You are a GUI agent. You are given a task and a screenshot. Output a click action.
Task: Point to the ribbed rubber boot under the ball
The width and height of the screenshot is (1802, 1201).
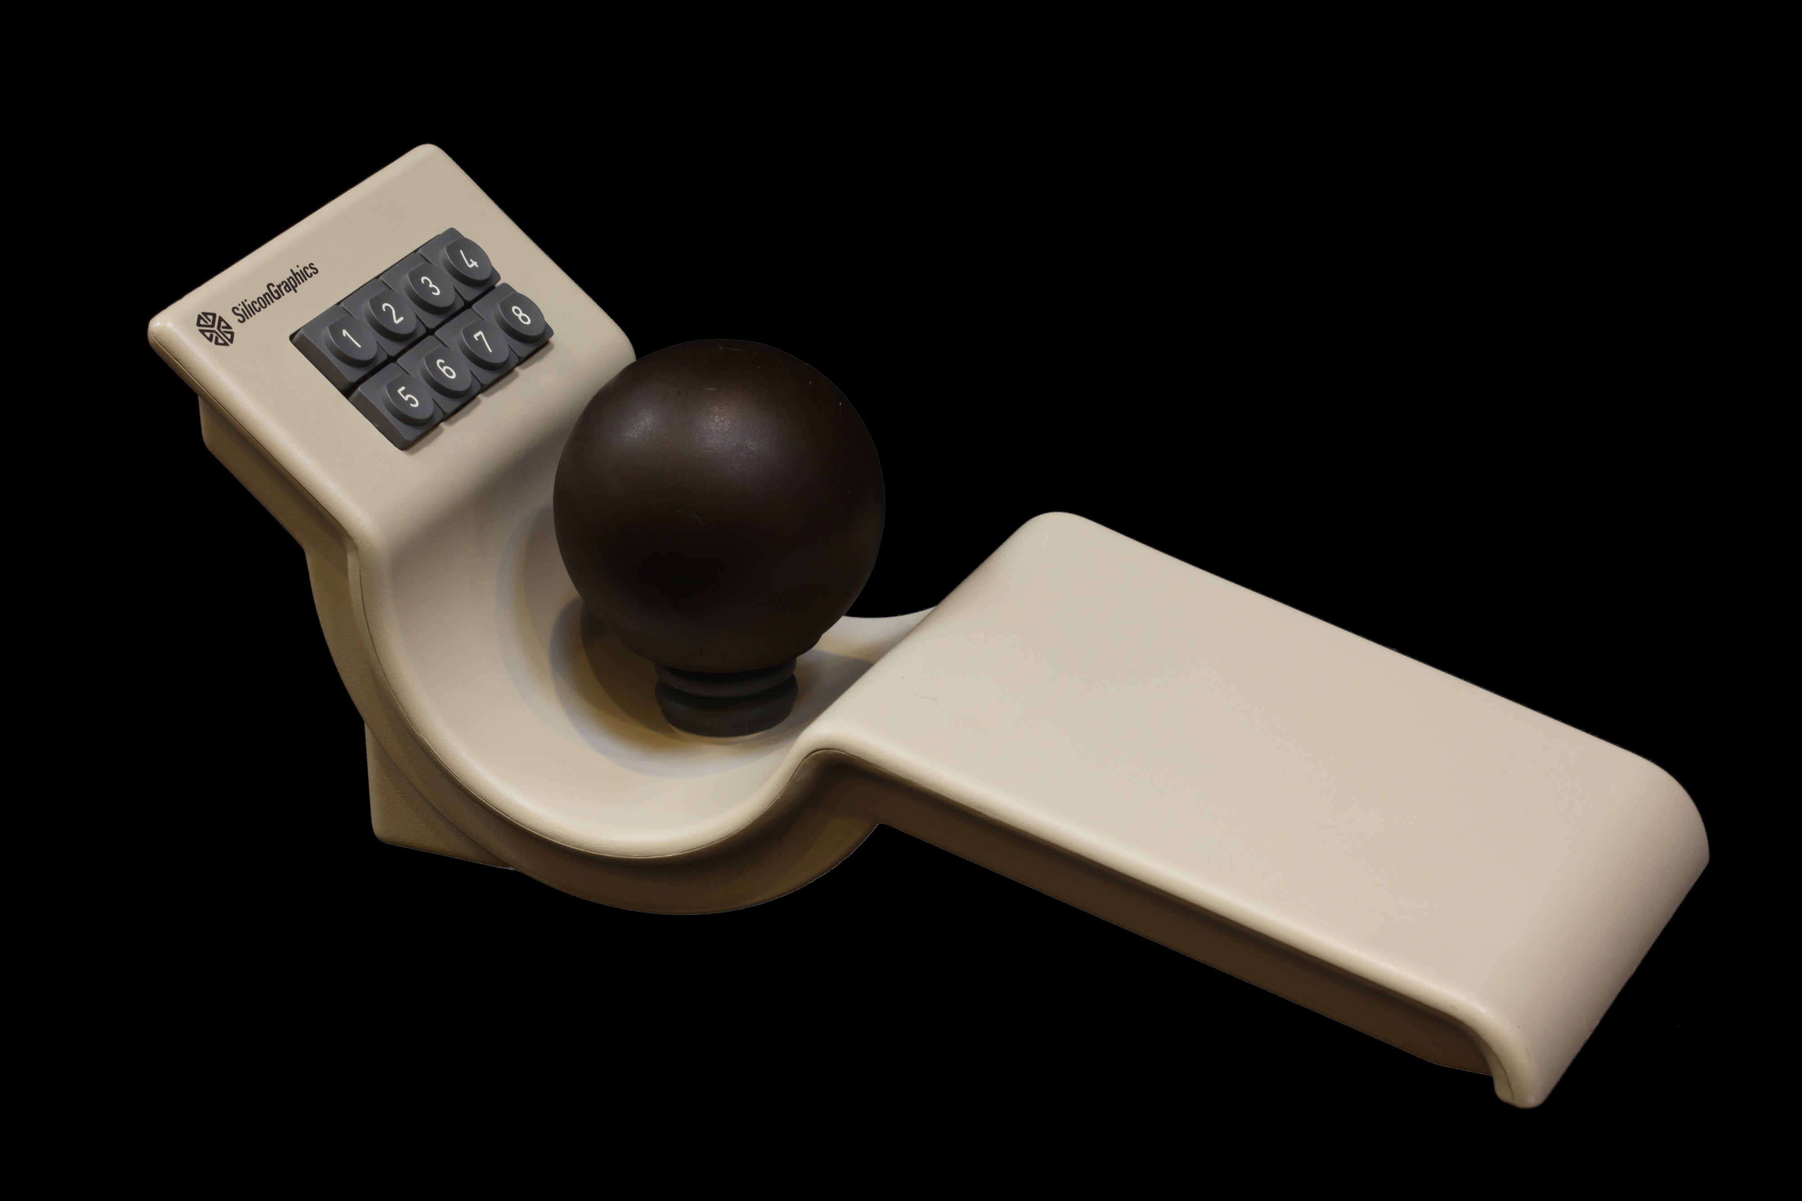click(x=727, y=699)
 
